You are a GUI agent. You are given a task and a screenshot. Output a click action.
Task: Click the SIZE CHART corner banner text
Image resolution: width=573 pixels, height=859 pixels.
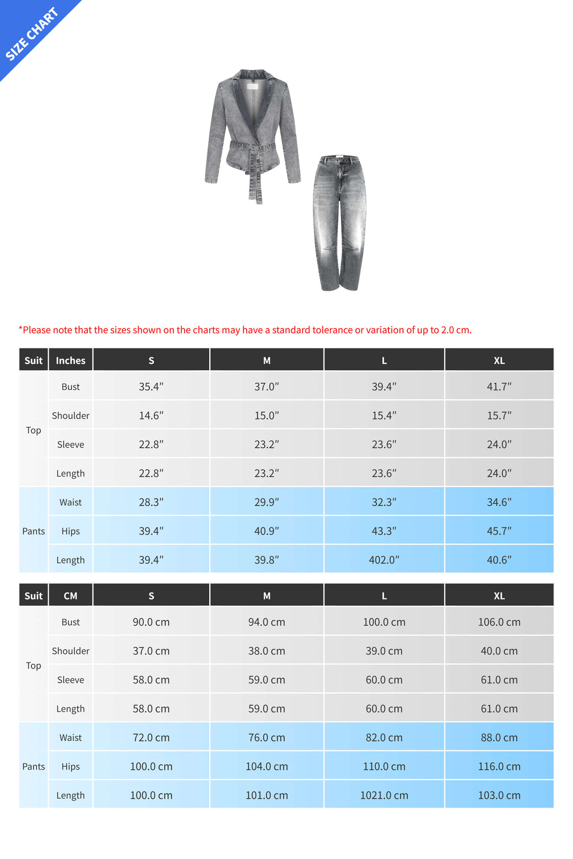click(31, 34)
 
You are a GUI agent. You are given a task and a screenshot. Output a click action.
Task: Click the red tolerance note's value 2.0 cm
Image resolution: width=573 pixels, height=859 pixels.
click(455, 330)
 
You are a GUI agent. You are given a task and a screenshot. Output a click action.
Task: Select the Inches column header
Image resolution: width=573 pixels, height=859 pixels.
click(71, 361)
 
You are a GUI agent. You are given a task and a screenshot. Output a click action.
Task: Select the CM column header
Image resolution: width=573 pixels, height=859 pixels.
click(71, 596)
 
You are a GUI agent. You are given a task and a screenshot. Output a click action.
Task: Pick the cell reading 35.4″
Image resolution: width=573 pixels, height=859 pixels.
click(151, 387)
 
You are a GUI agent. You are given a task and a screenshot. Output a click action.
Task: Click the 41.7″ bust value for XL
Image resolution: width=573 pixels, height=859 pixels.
click(499, 387)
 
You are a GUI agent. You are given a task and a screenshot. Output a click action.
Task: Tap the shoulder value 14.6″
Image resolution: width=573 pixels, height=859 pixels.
click(151, 416)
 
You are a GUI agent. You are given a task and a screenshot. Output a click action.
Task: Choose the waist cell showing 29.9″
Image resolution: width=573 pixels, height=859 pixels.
click(267, 503)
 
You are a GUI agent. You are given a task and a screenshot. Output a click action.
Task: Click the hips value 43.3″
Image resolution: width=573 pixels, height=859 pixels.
click(384, 531)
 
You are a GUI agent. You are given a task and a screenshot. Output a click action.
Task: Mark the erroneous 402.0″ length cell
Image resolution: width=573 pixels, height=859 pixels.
click(384, 560)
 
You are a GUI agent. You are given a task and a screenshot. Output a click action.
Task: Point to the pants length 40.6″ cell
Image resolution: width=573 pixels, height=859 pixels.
click(499, 560)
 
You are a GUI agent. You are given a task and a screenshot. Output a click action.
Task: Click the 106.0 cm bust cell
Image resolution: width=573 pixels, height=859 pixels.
click(499, 622)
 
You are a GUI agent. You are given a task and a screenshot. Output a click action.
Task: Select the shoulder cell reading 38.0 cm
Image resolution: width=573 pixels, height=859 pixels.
click(267, 652)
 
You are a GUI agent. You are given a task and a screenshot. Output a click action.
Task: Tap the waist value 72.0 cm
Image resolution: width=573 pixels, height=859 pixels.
click(151, 738)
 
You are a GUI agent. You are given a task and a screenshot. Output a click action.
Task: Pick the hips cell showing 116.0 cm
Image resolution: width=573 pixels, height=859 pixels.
click(499, 767)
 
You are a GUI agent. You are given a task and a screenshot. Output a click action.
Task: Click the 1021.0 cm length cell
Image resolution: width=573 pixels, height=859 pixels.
click(384, 796)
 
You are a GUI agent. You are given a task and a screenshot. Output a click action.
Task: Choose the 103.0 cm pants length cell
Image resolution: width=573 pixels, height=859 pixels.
click(499, 796)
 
